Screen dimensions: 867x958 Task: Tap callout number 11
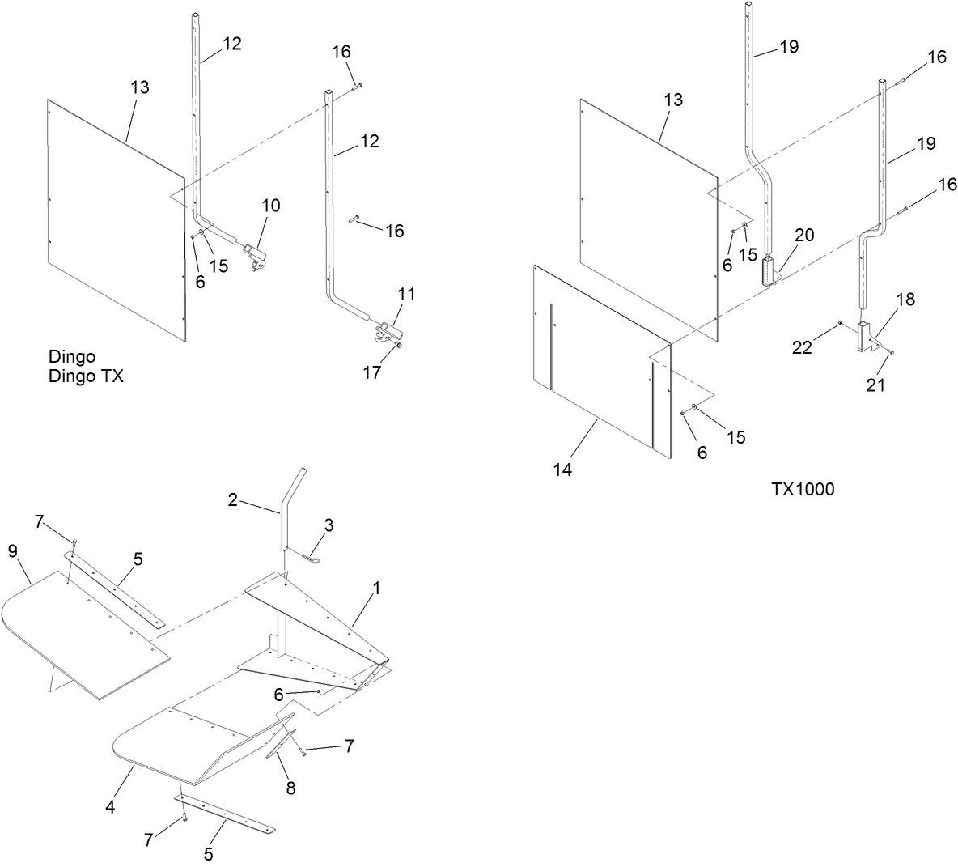(x=407, y=295)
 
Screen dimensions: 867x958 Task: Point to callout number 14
(x=562, y=470)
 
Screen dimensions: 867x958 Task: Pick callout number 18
(x=905, y=300)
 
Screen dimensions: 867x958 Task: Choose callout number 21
(x=875, y=385)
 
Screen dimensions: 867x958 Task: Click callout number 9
(x=12, y=551)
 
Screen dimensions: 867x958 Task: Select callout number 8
(x=290, y=788)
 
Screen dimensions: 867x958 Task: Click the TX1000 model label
(x=802, y=489)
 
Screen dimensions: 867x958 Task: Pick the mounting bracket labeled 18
(x=867, y=336)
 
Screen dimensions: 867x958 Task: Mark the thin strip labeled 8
(x=278, y=740)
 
